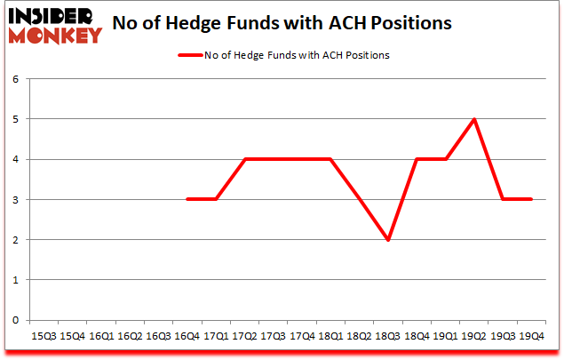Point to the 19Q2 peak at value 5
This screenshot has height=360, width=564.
coord(474,119)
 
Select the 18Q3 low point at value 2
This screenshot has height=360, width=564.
coord(388,240)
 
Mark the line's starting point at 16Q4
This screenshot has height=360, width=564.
coord(187,200)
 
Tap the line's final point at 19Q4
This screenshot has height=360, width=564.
coord(531,200)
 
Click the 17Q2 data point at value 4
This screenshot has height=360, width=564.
coord(245,159)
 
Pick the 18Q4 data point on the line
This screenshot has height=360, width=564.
coord(417,159)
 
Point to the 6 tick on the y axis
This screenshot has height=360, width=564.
coord(15,79)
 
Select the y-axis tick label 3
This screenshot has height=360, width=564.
coord(15,200)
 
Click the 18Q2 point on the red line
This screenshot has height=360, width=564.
coord(360,200)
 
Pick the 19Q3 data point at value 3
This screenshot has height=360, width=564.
coord(503,200)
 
